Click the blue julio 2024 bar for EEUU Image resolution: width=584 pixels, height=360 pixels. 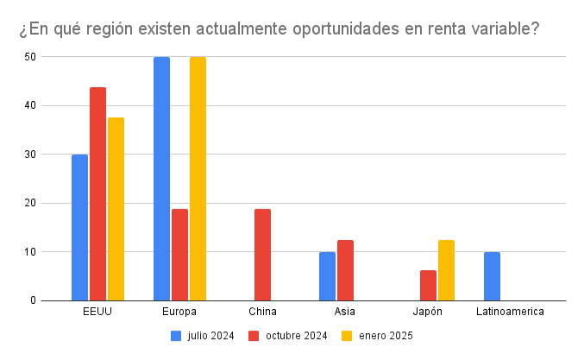pos(79,227)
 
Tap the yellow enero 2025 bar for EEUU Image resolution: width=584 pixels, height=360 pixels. pos(116,209)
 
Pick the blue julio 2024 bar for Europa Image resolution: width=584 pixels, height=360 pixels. pos(161,179)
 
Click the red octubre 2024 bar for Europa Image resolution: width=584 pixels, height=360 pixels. pos(179,255)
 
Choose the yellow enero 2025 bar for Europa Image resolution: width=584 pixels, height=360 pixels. pos(198,179)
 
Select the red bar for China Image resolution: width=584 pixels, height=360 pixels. pos(262,255)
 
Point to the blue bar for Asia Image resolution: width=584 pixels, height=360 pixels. pos(327,276)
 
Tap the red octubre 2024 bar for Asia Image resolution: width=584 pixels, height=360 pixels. pos(345,270)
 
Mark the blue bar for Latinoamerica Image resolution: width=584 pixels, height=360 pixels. pos(492,276)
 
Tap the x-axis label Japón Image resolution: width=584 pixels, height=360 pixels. pos(428,312)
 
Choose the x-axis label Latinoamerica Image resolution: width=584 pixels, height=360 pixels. pos(510,312)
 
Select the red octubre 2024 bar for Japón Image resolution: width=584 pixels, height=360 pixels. pos(428,285)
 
